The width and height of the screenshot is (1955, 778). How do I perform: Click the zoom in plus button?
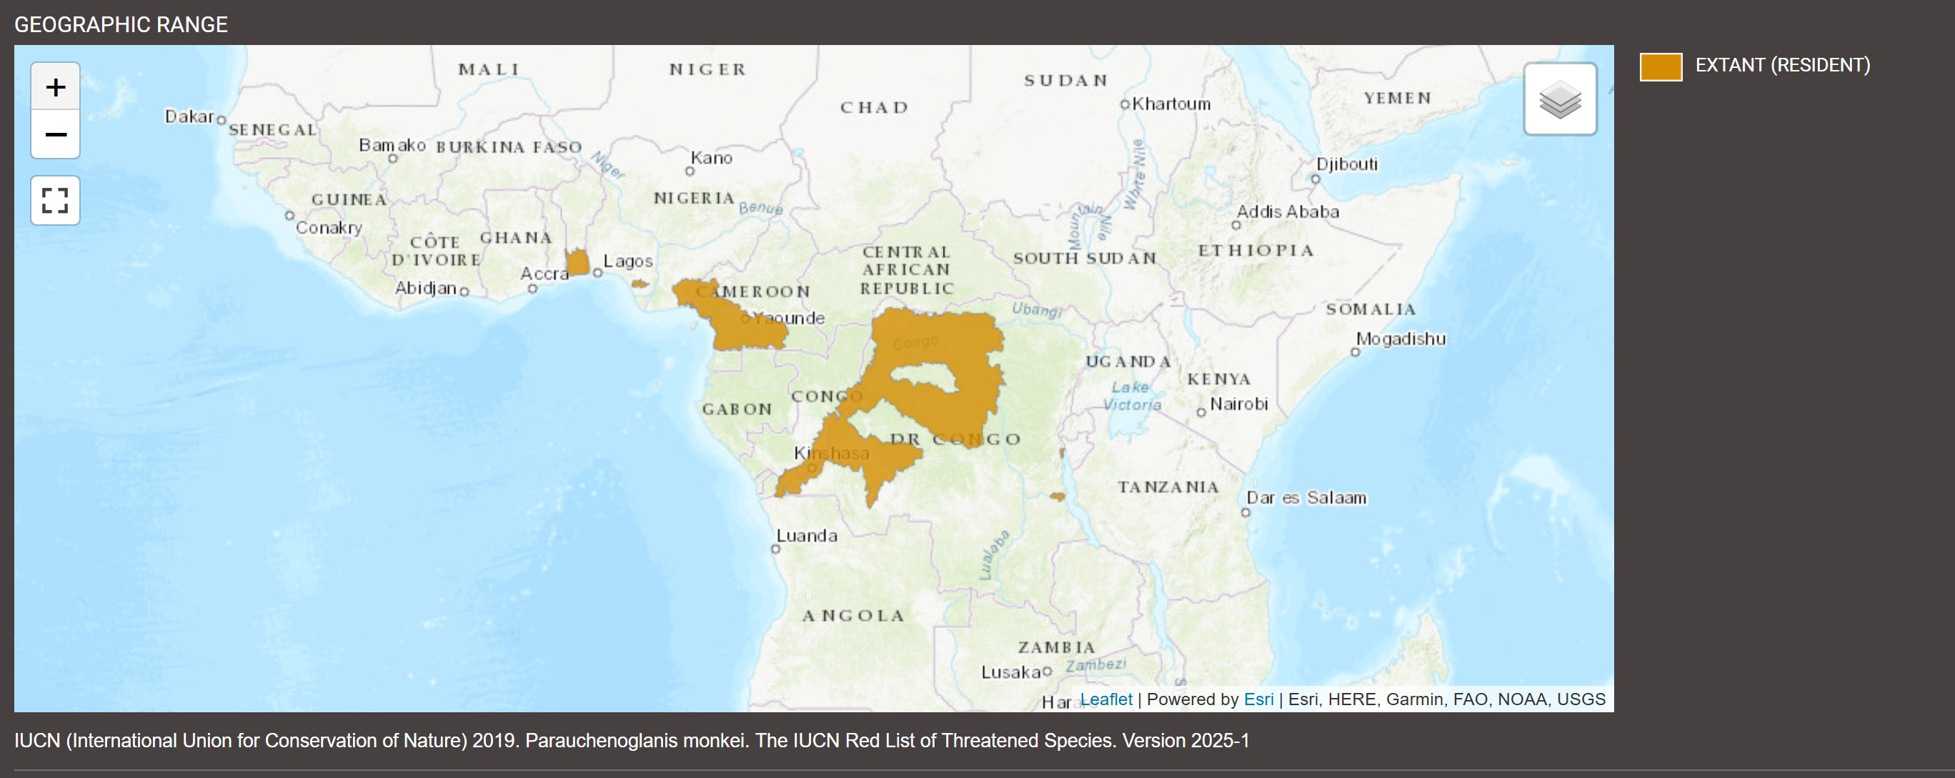click(x=56, y=86)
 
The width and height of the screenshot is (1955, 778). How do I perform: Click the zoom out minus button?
click(x=56, y=134)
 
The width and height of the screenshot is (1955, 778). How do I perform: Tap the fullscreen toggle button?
click(x=56, y=200)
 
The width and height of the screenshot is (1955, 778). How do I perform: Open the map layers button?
click(x=1560, y=99)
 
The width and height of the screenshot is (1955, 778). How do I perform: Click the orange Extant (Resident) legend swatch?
click(x=1661, y=66)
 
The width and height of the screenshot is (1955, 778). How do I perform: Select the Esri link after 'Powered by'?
click(x=1258, y=699)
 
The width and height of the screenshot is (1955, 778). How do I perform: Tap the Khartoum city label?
click(x=1170, y=104)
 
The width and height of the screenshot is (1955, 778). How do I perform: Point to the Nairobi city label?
click(x=1238, y=404)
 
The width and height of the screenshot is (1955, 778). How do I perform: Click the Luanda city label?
click(x=806, y=536)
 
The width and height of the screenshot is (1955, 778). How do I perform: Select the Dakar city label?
click(x=189, y=116)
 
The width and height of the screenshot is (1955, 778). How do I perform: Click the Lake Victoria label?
click(x=1132, y=397)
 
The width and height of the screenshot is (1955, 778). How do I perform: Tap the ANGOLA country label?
click(x=854, y=616)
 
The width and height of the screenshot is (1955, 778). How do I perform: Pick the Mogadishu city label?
click(x=1401, y=339)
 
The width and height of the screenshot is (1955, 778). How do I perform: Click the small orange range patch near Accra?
click(x=577, y=263)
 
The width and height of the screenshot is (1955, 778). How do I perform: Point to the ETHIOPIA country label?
click(x=1255, y=251)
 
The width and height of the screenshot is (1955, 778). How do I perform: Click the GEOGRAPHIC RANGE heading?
click(x=121, y=24)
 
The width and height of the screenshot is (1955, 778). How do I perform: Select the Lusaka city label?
click(x=1010, y=672)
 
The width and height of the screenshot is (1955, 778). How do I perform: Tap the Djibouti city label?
click(x=1346, y=164)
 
